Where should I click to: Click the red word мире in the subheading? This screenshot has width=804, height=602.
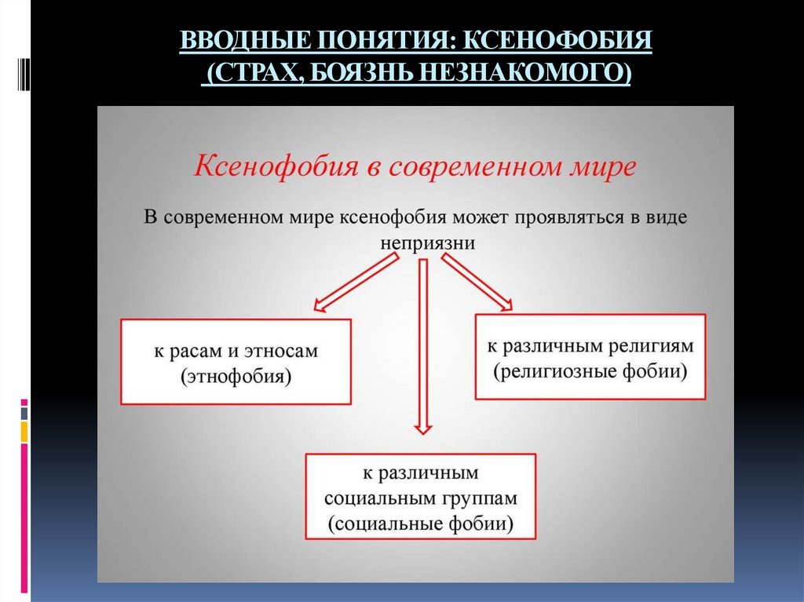pos(604,167)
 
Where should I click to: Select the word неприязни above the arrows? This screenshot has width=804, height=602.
pos(427,243)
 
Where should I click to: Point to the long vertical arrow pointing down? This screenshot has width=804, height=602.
pos(423,345)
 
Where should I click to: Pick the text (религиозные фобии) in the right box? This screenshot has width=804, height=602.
pos(590,370)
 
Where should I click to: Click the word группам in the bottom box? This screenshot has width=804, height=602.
pos(478,498)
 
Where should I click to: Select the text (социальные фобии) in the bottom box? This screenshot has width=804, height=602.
pos(421,522)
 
